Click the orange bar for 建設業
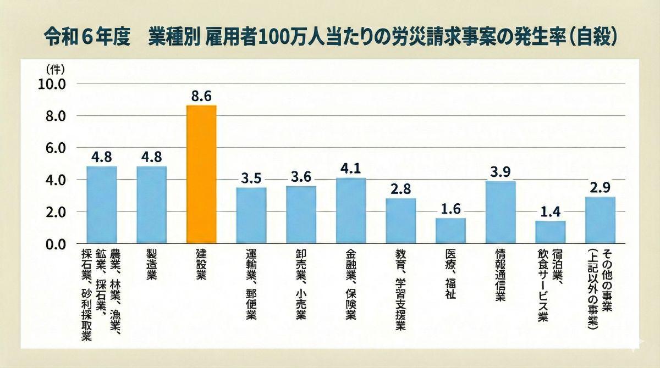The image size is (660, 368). [201, 174]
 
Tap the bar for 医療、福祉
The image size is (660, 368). [450, 231]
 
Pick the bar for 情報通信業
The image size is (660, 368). [501, 212]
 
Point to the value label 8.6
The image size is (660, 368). [201, 96]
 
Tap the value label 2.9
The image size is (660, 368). [600, 188]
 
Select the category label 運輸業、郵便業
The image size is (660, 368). [251, 283]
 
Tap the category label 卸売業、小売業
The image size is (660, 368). [301, 283]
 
